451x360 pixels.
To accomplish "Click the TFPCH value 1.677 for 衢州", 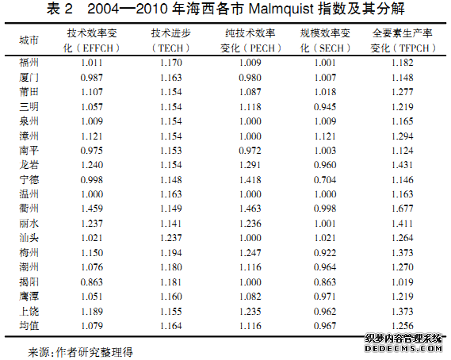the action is [403, 209].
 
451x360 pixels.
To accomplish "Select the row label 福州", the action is [29, 63].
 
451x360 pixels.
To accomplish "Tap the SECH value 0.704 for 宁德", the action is [325, 180].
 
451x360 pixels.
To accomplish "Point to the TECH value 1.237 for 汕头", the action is [171, 238].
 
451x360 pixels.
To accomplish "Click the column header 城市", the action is [29, 40].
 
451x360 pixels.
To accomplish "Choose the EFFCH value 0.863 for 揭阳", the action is [91, 282].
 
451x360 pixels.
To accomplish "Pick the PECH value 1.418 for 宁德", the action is [250, 180].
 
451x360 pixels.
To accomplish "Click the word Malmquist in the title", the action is [281, 9].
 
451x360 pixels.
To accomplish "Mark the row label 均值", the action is [29, 326].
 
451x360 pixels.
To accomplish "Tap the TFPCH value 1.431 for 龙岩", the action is [403, 165].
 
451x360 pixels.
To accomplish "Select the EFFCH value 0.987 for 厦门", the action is [91, 78].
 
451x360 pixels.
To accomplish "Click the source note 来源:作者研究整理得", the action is [80, 352].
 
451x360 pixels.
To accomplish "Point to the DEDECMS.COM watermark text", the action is [403, 348].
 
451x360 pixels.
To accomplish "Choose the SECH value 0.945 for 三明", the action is [325, 107].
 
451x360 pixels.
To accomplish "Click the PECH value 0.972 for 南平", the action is [250, 151].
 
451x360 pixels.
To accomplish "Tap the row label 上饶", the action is [29, 312].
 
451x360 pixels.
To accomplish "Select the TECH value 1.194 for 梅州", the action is [171, 253].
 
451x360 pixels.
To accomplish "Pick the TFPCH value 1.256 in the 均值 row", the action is [403, 326].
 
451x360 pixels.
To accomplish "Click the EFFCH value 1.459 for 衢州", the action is [92, 209].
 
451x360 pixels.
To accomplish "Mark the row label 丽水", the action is [29, 224].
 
